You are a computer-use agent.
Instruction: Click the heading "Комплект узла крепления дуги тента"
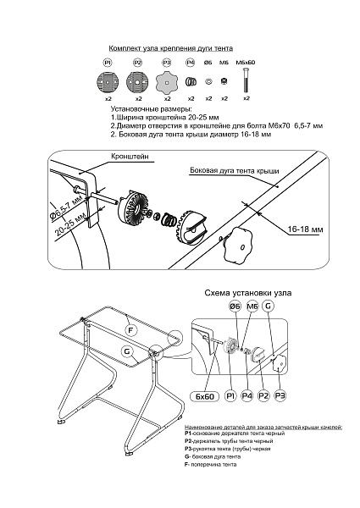tap(171, 48)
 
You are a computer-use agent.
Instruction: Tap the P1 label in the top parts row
tap(108, 62)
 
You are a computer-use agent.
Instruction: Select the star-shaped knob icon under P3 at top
tap(167, 81)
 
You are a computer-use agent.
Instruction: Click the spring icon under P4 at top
tap(191, 81)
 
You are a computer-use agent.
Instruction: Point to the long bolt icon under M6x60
tap(246, 80)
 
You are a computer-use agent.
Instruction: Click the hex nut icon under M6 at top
tap(224, 81)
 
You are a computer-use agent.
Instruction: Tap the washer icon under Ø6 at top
tap(208, 81)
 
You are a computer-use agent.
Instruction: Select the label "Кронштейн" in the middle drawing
tap(130, 156)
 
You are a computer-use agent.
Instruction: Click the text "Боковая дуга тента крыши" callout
tap(235, 170)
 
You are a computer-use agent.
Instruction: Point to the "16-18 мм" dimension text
tap(305, 229)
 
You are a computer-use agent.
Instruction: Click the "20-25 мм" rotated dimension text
tap(71, 224)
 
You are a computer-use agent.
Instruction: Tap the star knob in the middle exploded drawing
tap(237, 245)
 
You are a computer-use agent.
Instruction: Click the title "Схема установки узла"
tap(248, 293)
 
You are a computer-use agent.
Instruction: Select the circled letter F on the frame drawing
tap(130, 330)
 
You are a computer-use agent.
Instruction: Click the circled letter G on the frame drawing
tap(127, 351)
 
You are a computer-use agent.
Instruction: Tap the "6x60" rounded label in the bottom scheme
tap(205, 396)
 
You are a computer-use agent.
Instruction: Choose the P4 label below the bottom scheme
tap(247, 395)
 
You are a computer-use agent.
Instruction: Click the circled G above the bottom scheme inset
tap(268, 306)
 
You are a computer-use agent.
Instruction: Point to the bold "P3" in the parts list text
tap(188, 449)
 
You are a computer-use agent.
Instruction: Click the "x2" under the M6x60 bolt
tap(246, 98)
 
